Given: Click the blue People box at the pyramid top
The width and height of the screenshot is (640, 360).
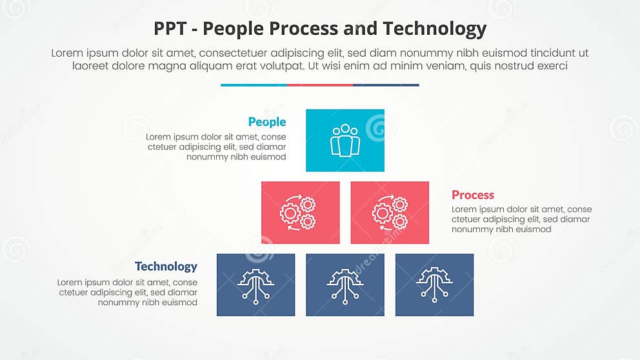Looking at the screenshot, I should [345, 140].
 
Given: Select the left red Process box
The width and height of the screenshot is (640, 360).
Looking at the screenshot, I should [300, 212].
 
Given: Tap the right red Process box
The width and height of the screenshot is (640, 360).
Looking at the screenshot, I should [390, 212].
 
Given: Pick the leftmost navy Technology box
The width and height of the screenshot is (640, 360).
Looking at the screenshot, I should [255, 285].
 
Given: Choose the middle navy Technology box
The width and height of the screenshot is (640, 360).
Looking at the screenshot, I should [345, 285].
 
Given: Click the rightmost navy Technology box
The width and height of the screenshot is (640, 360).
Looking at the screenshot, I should [434, 285].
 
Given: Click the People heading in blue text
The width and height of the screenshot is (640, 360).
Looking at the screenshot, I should [266, 122].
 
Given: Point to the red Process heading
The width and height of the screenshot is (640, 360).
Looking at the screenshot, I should [472, 195].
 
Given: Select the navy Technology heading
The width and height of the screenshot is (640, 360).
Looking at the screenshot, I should [166, 266].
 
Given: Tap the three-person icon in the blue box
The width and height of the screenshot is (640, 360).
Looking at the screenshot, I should [345, 140].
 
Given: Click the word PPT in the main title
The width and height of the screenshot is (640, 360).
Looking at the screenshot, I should [170, 29].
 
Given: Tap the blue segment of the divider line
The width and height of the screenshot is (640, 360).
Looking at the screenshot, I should [254, 85].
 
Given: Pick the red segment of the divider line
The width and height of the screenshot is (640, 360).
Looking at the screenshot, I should [320, 85].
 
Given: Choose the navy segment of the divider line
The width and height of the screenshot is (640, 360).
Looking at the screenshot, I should [386, 85].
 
